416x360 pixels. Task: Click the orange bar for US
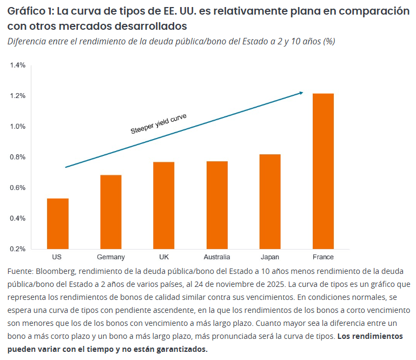pos(57,224)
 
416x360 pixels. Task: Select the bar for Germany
pos(111,212)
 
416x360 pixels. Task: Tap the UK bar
pos(164,205)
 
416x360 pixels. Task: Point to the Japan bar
pos(270,201)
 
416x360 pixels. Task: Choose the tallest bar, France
pos(323,171)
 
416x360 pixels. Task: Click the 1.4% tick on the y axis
pos(17,66)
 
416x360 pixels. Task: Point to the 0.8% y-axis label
pos(17,158)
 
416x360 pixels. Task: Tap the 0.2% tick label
pos(17,249)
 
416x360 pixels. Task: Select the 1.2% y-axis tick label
pos(17,96)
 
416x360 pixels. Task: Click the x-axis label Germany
pos(111,257)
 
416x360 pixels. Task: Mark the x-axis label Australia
pos(217,257)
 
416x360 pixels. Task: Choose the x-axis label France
pos(323,257)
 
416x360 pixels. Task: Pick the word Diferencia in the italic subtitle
pos(26,42)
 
